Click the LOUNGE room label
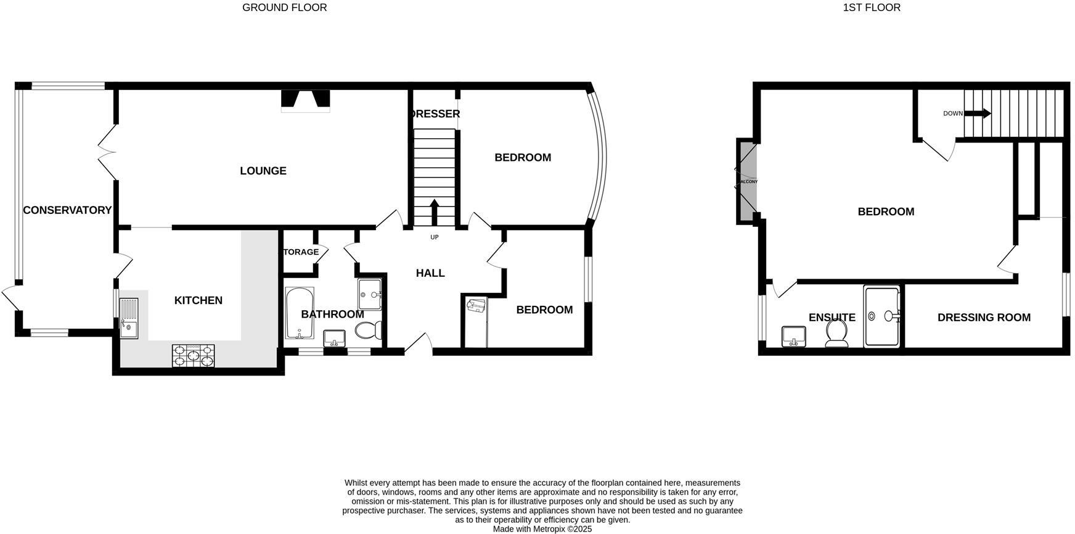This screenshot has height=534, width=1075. point(263,171)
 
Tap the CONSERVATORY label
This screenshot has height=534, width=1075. point(67,210)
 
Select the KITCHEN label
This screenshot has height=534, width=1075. point(198,300)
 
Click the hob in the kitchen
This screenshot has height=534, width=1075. point(194,356)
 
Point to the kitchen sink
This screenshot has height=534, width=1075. point(129,318)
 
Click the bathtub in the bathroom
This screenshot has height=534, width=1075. point(300,313)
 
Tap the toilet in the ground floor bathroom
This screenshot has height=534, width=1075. point(366,331)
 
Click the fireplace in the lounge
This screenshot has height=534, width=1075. point(306,101)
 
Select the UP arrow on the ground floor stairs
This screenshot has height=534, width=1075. point(434,213)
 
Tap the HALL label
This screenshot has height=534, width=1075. point(430,273)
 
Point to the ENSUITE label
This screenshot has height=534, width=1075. point(832,318)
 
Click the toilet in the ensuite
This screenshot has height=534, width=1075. point(837,333)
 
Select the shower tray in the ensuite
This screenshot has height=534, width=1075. point(881,316)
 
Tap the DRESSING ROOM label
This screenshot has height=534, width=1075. point(984,318)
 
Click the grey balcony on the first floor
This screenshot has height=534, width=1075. point(746,181)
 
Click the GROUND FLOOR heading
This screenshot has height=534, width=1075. point(284,7)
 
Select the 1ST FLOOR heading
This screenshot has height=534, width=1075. point(872,7)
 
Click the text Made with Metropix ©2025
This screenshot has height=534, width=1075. point(542,529)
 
